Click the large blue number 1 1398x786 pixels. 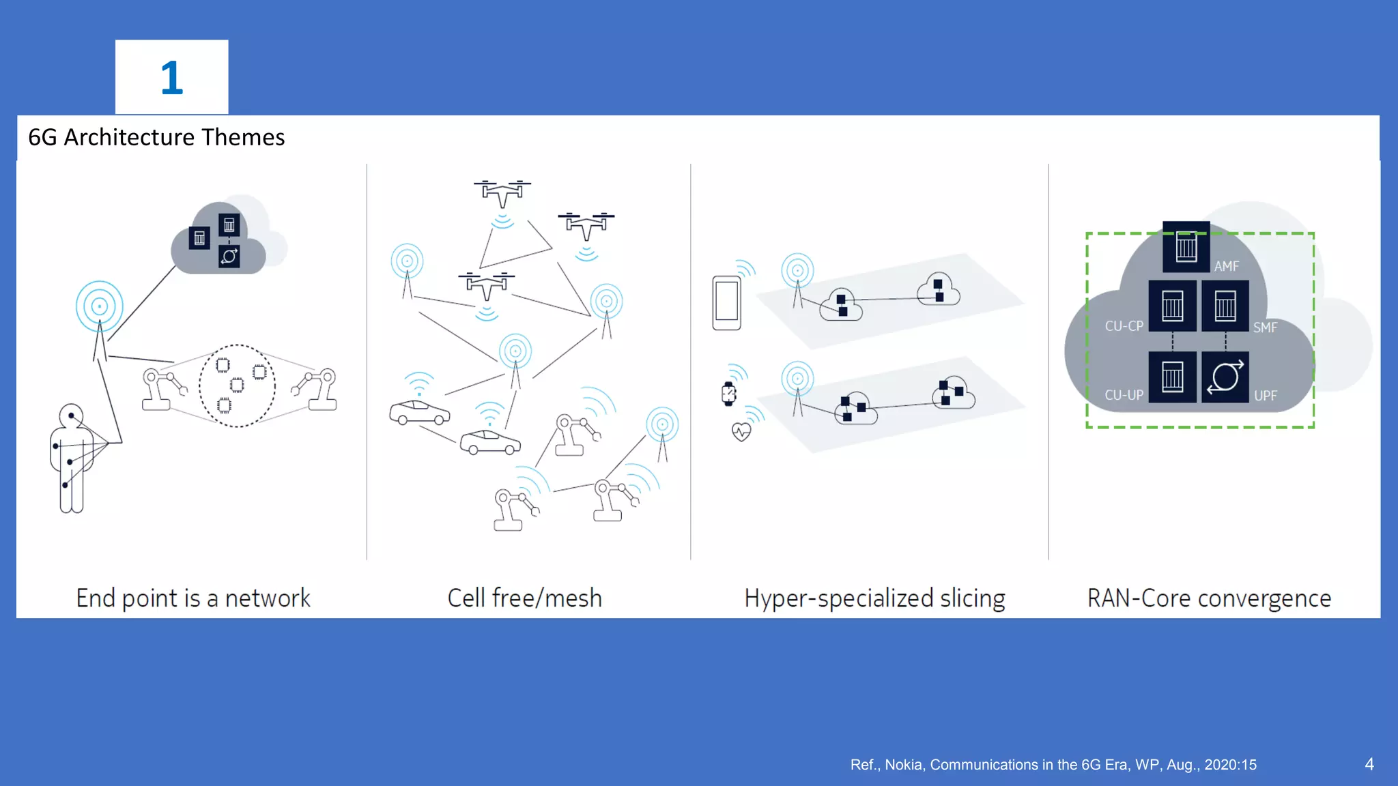point(171,78)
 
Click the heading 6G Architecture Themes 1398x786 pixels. point(156,137)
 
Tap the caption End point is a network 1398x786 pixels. point(193,598)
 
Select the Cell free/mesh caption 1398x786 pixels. point(524,598)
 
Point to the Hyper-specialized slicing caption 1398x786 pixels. point(874,598)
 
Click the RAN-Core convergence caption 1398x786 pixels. point(1209,598)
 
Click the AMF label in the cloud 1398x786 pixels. point(1226,266)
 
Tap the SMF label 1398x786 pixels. point(1265,327)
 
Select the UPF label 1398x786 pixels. point(1265,396)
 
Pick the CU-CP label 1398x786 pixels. point(1124,326)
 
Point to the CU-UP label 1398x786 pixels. point(1124,395)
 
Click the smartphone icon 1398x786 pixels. point(726,302)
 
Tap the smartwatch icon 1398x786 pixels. point(729,394)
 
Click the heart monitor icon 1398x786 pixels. point(741,432)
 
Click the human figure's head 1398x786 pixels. point(71,415)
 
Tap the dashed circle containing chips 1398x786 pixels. point(237,385)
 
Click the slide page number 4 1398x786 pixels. point(1369,764)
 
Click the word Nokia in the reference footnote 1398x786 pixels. point(903,765)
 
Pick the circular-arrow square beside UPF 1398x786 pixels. point(1225,377)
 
